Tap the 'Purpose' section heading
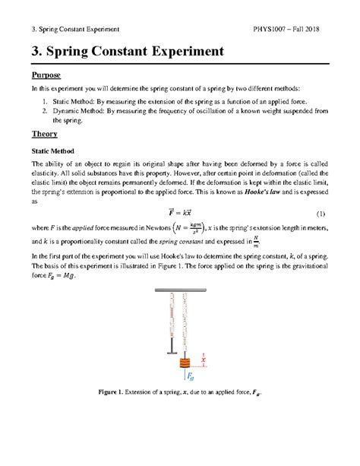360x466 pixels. [46, 76]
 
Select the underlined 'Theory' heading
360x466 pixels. [44, 134]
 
